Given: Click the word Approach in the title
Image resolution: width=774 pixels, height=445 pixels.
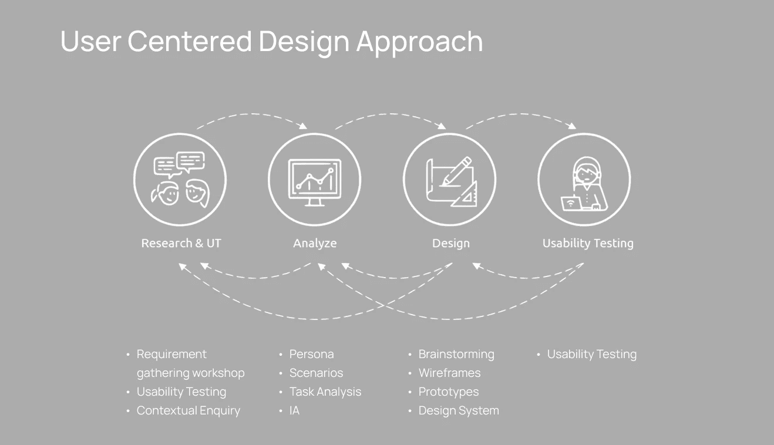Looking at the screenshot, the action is pos(419,42).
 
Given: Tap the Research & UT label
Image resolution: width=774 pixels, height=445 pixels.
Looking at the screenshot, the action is pos(181,243).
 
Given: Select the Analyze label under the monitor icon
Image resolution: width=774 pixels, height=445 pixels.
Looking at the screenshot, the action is pos(315,244).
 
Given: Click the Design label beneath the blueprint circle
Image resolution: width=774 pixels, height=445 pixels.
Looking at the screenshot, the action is pos(451,244).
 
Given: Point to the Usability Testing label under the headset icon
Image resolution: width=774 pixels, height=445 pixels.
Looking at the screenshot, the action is pos(588,244).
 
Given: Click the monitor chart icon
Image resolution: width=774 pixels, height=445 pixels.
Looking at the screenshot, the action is pos(315,183).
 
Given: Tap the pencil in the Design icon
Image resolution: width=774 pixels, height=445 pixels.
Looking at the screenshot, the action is pos(456,171).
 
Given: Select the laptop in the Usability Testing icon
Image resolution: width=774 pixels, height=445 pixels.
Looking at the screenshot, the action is pos(570,203).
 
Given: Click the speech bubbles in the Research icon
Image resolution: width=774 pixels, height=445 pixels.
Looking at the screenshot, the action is pos(179,164).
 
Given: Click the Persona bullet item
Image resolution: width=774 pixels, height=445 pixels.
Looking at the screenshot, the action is pos(311,354).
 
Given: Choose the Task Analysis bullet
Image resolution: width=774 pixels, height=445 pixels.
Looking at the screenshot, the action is pos(325,392).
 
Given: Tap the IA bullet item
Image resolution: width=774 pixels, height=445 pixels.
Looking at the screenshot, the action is pos(294,410).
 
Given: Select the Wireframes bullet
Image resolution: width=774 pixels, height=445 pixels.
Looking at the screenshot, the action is pos(449,373).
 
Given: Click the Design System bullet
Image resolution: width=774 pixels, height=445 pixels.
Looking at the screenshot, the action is pos(459,411).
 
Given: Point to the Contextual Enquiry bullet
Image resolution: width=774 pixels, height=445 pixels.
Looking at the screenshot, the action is pos(189,411).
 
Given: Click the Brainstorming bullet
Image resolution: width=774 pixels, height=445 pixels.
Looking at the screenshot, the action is pos(456,355).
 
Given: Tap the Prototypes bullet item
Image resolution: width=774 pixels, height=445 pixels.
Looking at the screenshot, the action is pos(449,392).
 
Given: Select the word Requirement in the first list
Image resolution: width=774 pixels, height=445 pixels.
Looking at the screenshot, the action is pos(171,355).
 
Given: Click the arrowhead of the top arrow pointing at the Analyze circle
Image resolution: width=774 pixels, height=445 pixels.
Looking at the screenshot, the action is pos(304,126).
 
